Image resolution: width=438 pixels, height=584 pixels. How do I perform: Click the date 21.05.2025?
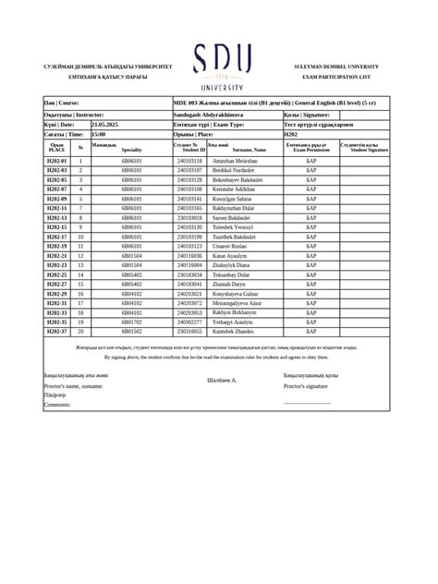pyautogui.click(x=105, y=124)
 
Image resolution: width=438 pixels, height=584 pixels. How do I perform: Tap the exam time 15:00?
pyautogui.click(x=99, y=134)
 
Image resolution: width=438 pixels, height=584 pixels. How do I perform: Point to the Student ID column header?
pyautogui.click(x=189, y=147)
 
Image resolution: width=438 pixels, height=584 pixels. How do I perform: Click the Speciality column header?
pyautogui.click(x=131, y=149)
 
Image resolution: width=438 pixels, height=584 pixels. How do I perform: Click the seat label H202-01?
pyautogui.click(x=57, y=161)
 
